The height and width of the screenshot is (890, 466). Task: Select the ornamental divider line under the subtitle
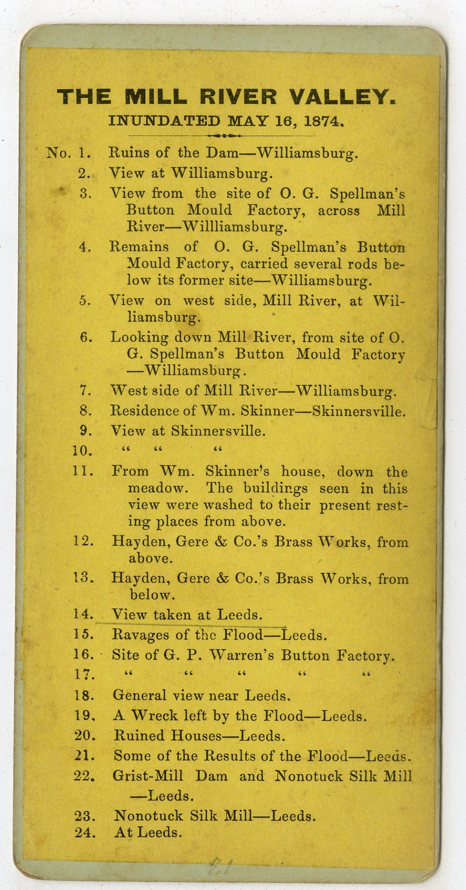coord(221,135)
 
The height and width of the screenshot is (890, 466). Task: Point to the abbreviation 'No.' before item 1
coord(59,153)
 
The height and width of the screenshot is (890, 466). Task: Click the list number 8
coord(85,410)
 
